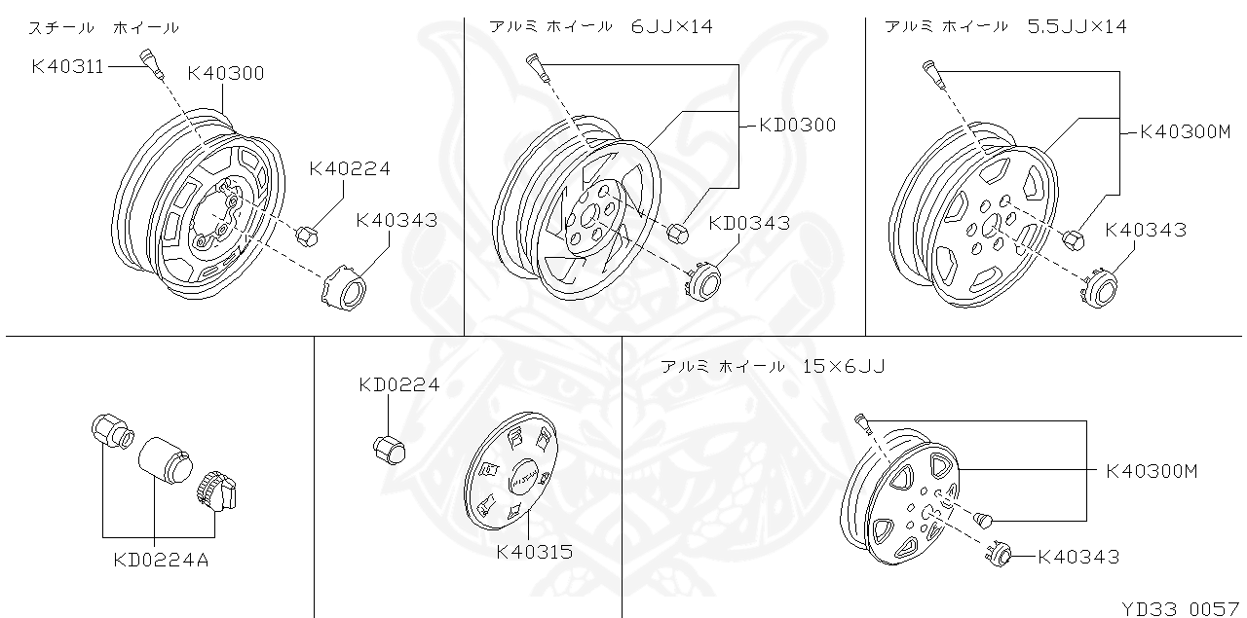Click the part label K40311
pos(67,66)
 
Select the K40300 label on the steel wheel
pos(225,73)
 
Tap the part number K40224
pos(349,169)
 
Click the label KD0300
pos(797,125)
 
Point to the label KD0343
pos(748,223)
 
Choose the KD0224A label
pos(161,560)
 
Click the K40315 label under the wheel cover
pos(534,552)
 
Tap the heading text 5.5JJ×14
pos(1077,26)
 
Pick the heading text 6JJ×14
pos(671,26)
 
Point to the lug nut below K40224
pos(304,234)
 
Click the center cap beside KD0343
pos(703,282)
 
